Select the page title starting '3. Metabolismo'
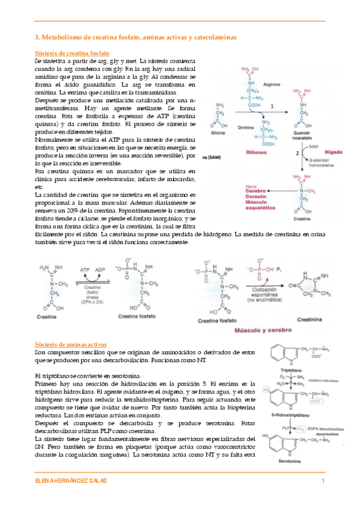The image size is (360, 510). (x=136, y=37)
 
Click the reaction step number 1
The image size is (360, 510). (x=272, y=106)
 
